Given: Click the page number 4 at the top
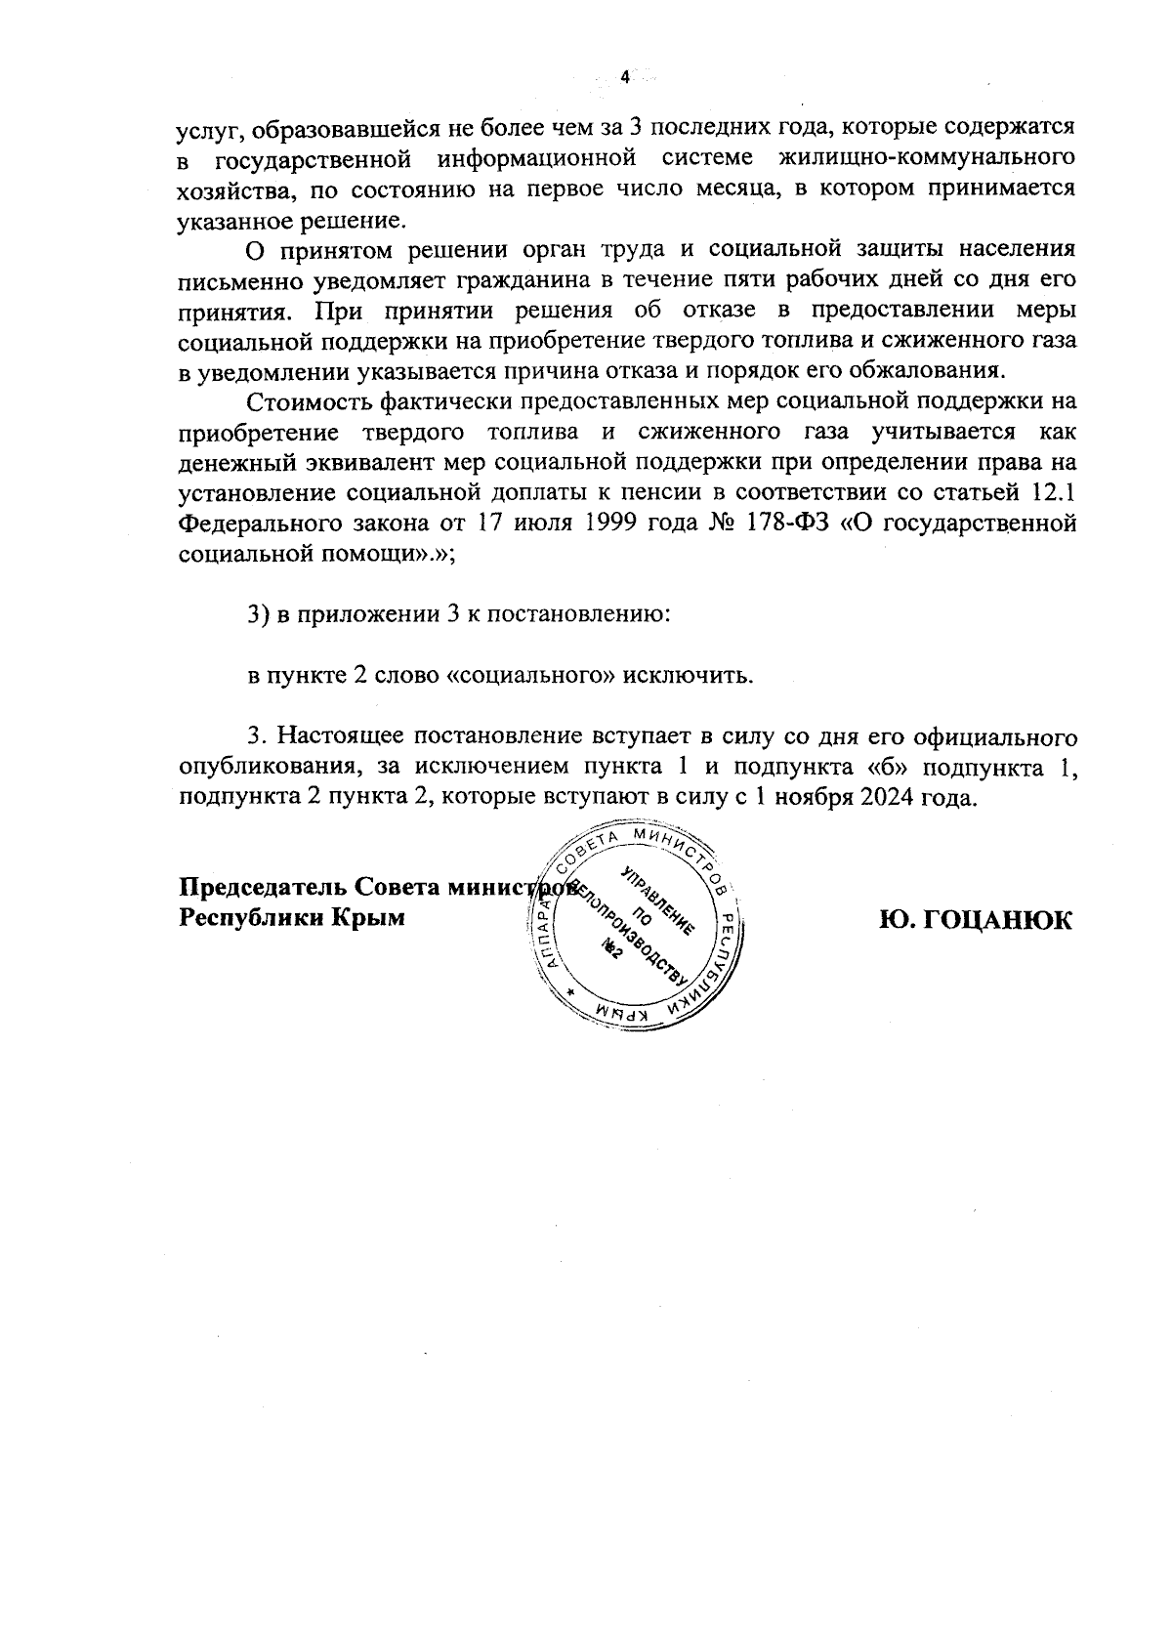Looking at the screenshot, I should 623,78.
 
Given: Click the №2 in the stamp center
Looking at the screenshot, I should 612,949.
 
